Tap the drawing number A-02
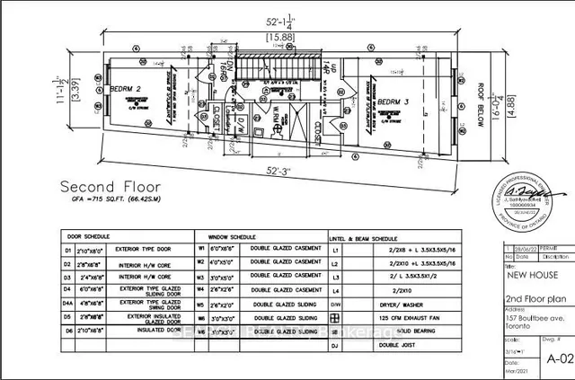point(559,357)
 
